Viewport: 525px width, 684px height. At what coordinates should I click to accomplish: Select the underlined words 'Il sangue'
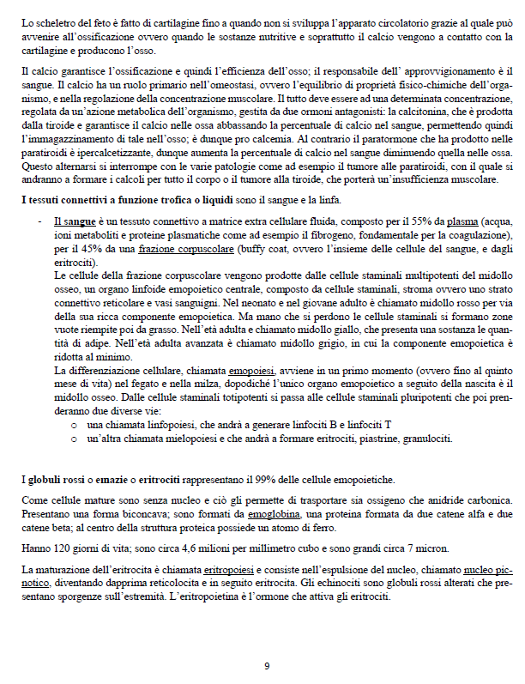tap(72, 221)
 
